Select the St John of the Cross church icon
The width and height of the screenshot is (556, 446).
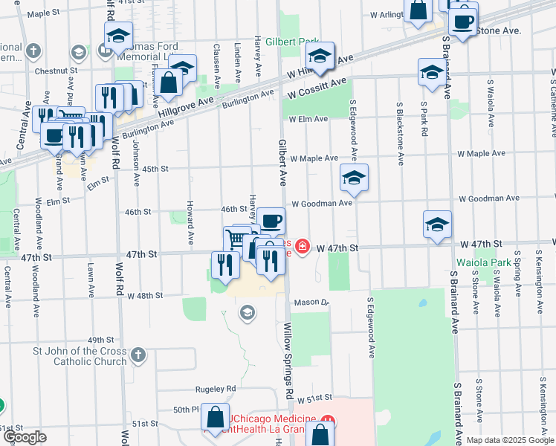[x=138, y=355]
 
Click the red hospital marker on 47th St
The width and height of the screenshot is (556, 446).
[x=303, y=246]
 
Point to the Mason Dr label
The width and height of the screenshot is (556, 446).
[x=311, y=303]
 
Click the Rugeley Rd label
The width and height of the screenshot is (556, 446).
[x=216, y=389]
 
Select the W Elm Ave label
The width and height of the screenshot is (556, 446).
[x=308, y=119]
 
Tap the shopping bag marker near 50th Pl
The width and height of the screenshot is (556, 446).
[x=216, y=418]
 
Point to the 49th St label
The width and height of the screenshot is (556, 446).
[x=100, y=340]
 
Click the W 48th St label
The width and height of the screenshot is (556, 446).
[x=144, y=295]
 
